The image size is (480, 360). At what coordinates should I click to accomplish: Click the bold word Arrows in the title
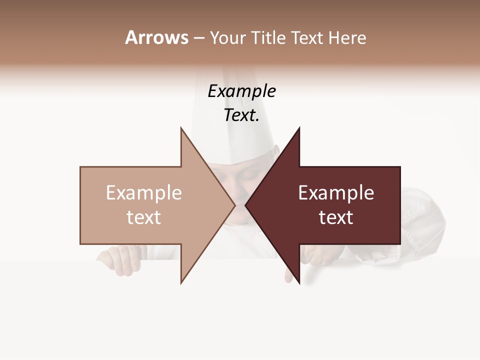tap(156, 37)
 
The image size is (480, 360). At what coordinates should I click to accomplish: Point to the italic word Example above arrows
tap(242, 91)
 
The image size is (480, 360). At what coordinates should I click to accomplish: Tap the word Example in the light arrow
tap(144, 193)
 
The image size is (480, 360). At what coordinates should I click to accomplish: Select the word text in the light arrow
tap(144, 217)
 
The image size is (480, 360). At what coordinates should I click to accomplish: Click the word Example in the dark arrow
tap(336, 193)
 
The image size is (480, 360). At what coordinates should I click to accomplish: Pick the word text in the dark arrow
tap(336, 217)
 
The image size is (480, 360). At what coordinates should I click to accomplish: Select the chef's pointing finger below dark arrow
tap(289, 274)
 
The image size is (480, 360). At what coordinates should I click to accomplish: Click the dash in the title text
tap(198, 38)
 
